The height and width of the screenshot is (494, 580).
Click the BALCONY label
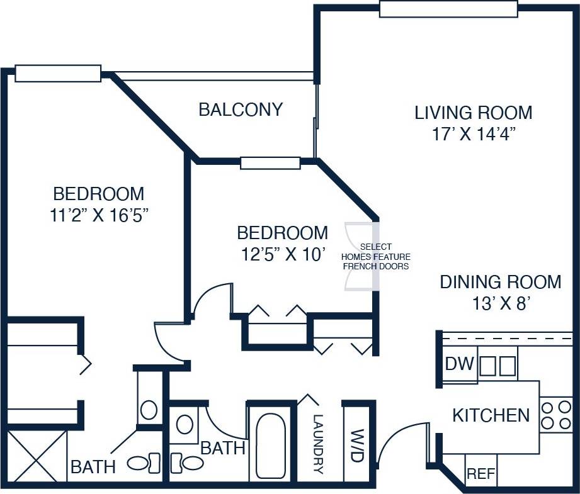point(241,109)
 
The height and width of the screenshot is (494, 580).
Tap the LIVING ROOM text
point(473,113)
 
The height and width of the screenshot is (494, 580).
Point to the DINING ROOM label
point(500,281)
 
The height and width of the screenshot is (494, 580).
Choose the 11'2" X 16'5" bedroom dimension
point(98,216)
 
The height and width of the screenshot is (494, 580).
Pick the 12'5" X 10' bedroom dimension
point(282,255)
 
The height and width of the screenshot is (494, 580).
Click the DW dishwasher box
point(459,365)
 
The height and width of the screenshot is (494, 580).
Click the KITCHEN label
point(491,415)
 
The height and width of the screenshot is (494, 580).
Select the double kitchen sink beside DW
point(498,366)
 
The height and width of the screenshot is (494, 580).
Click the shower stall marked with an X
point(36,456)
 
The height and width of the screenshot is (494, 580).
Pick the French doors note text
point(375,256)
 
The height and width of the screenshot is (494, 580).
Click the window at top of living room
point(448,9)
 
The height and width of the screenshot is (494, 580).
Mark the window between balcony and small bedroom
point(270,163)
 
